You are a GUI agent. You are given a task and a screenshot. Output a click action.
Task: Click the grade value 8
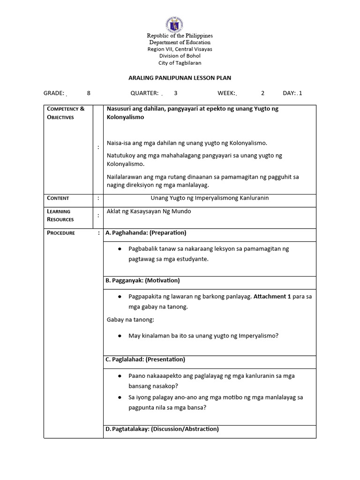click(x=89, y=93)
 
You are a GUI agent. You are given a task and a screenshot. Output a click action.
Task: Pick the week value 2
click(x=263, y=93)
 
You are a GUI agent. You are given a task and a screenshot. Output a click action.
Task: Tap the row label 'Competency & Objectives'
click(x=66, y=113)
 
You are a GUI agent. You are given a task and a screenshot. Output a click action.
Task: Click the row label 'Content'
click(x=58, y=198)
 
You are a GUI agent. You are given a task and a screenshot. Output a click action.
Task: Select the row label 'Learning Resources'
click(x=60, y=215)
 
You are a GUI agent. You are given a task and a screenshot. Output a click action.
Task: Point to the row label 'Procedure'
click(x=61, y=233)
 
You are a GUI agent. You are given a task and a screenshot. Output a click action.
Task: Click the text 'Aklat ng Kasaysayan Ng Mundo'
click(x=149, y=211)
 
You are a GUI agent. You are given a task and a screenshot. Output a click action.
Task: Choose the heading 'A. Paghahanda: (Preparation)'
click(x=146, y=232)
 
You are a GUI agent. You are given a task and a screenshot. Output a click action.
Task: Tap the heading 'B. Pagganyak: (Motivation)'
click(x=142, y=280)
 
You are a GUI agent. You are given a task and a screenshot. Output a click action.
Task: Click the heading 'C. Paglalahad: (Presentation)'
click(x=145, y=360)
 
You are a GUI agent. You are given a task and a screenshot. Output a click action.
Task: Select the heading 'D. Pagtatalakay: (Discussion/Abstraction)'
click(x=162, y=429)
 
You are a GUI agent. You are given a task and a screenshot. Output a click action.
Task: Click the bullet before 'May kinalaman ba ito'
click(x=120, y=336)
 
